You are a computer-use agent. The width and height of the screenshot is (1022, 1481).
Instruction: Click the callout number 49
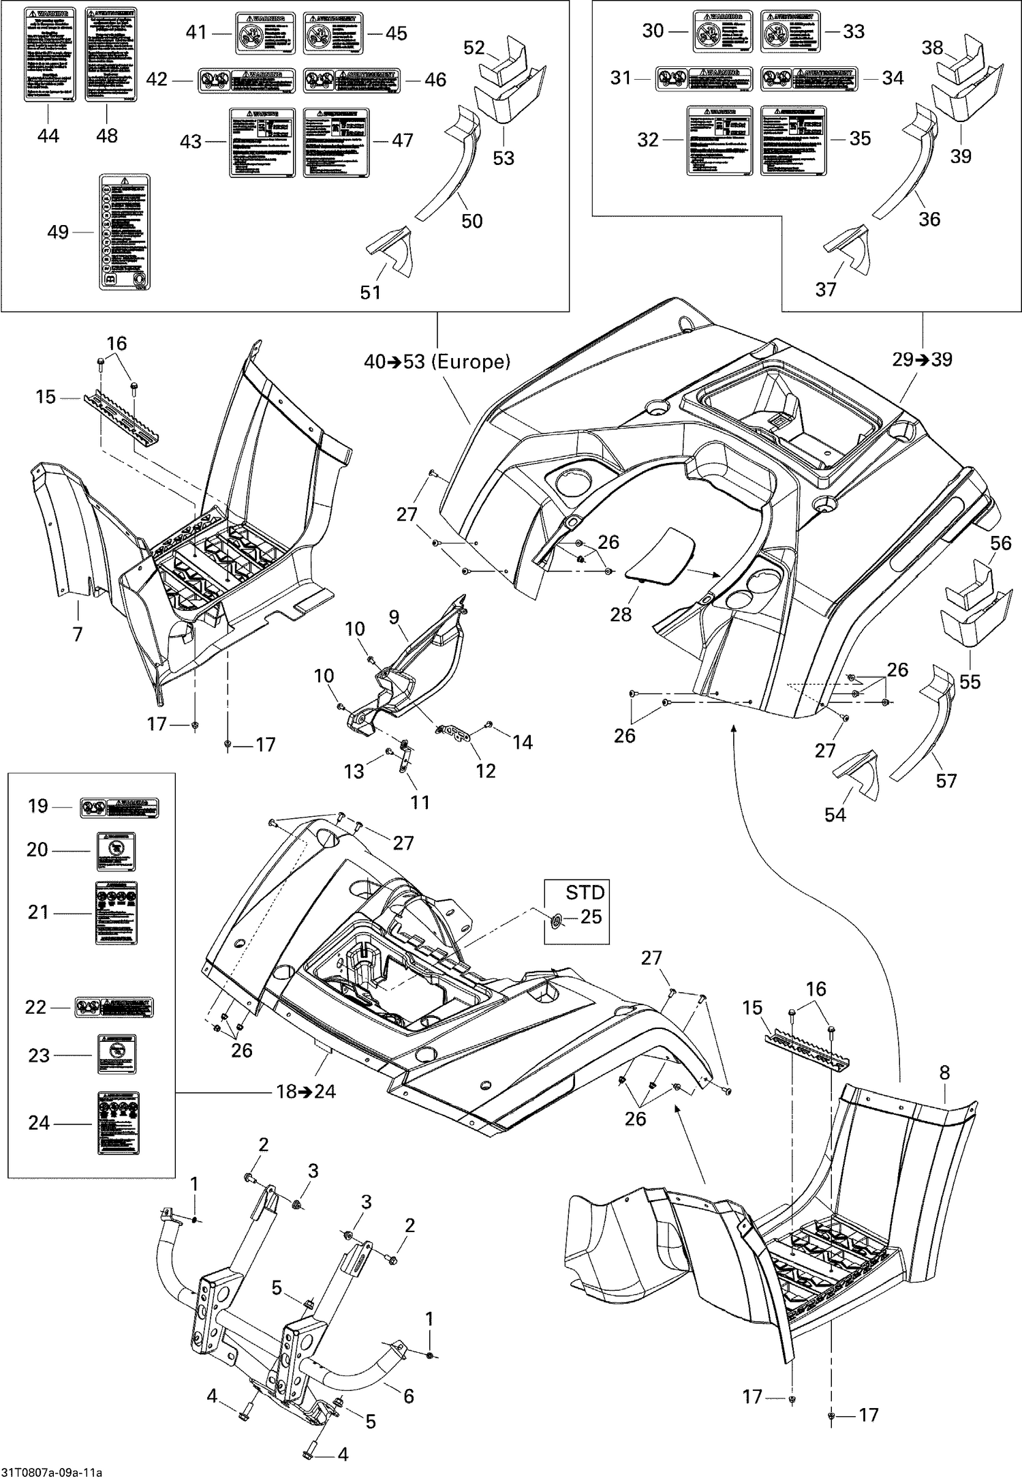tap(58, 233)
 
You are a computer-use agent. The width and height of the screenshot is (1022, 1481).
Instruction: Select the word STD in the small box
tap(585, 892)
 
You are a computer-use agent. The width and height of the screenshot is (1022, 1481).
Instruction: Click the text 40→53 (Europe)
tap(437, 361)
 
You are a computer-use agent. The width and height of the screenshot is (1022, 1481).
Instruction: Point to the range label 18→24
tap(306, 1092)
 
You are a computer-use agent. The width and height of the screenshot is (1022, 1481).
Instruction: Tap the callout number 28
tap(621, 614)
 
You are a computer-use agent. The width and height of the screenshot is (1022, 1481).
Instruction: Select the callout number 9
tap(394, 617)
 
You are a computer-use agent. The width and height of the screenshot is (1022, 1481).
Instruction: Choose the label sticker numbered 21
tap(115, 912)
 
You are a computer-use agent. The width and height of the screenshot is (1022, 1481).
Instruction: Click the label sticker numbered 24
tap(115, 1123)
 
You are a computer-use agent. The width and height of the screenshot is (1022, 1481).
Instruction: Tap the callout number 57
tap(946, 780)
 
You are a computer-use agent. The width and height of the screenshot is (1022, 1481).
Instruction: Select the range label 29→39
tap(923, 359)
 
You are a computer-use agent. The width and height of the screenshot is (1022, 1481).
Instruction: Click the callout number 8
tap(944, 1073)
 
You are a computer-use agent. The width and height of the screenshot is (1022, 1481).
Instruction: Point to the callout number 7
tap(78, 634)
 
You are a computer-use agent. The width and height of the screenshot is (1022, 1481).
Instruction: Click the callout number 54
tap(835, 814)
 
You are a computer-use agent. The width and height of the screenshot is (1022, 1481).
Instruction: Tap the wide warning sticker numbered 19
tap(119, 808)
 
